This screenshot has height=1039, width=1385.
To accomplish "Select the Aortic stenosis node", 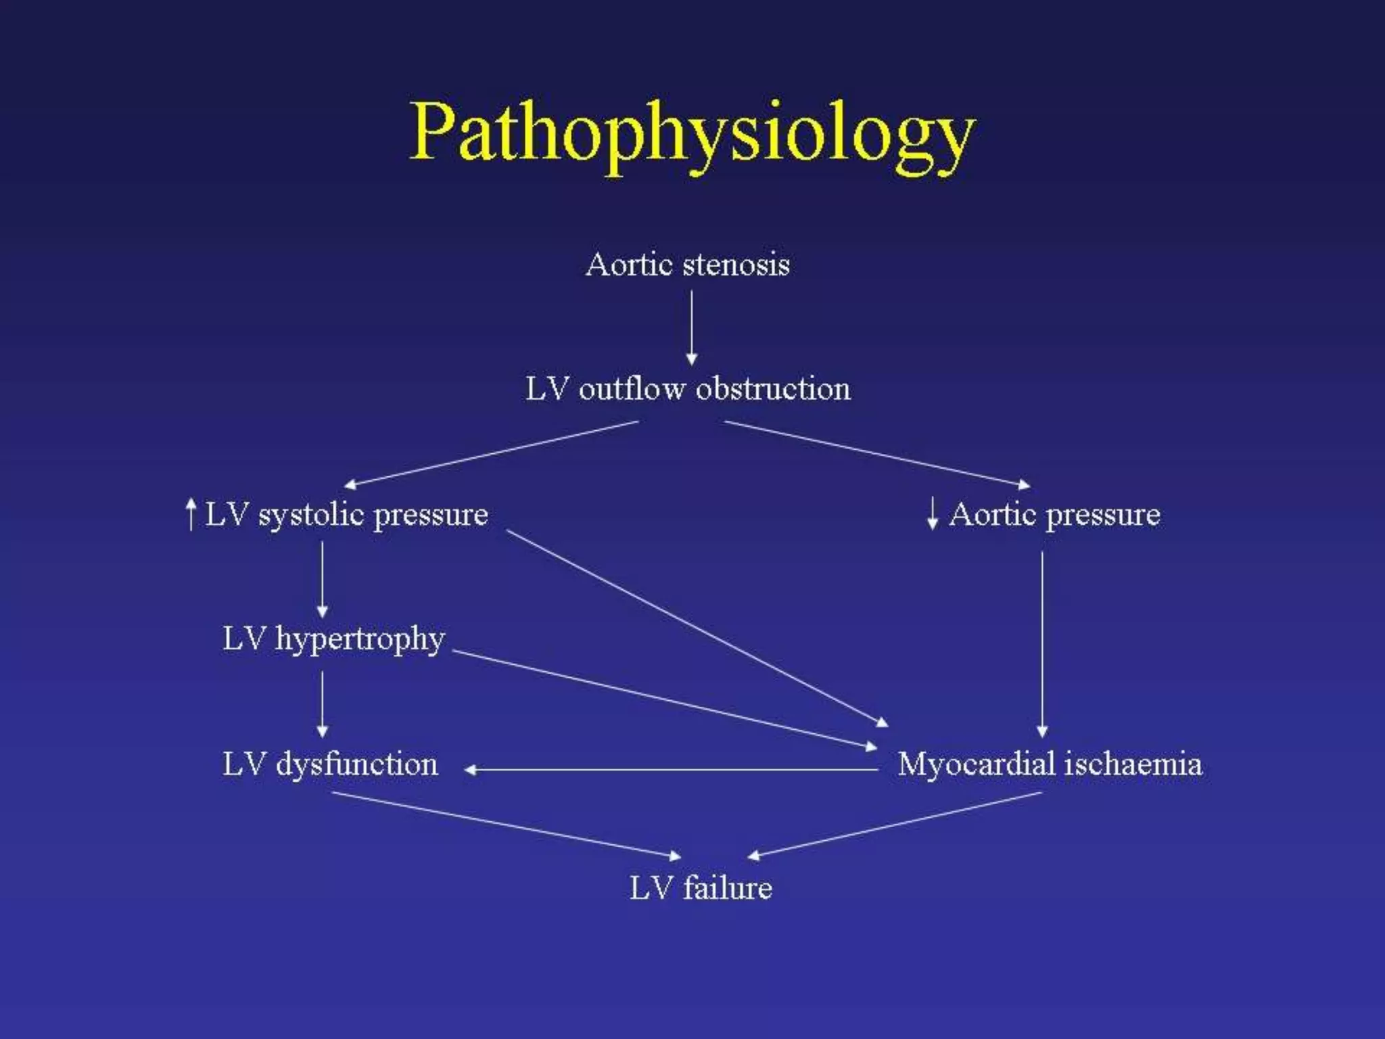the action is pyautogui.click(x=688, y=264).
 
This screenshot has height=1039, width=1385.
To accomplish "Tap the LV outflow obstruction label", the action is pyautogui.click(x=688, y=389).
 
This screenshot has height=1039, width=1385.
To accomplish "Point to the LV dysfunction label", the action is pyautogui.click(x=330, y=764).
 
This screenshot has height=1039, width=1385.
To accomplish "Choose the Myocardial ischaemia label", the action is pyautogui.click(x=1050, y=764).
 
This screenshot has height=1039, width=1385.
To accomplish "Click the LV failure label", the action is pyautogui.click(x=701, y=888).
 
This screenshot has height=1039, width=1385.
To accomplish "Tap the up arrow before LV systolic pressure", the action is pyautogui.click(x=191, y=514).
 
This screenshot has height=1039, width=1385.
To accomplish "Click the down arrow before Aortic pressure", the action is pyautogui.click(x=933, y=514).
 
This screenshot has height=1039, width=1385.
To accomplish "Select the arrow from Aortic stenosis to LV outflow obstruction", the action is pyautogui.click(x=691, y=327).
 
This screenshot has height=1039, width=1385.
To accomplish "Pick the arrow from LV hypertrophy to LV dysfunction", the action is pyautogui.click(x=322, y=704).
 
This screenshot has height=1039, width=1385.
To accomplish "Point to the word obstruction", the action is pyautogui.click(x=773, y=389).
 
